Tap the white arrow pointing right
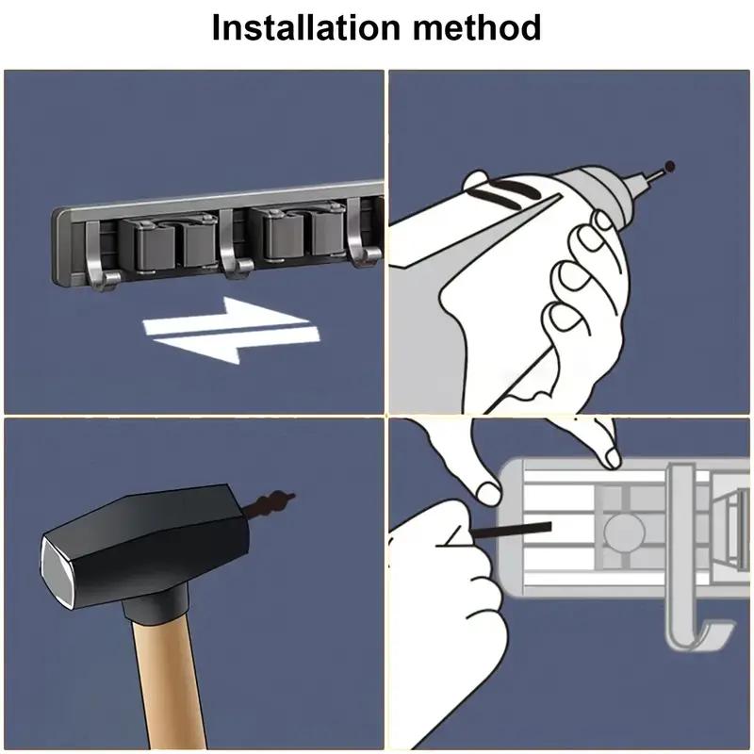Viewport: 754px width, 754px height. pyautogui.click(x=226, y=324)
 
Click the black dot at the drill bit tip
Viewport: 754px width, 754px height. pyautogui.click(x=670, y=168)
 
